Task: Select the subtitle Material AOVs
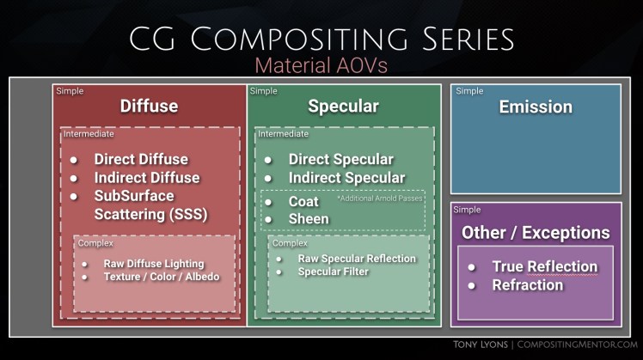click(321, 65)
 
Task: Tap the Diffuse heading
click(149, 107)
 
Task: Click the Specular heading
click(343, 107)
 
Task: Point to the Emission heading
click(536, 107)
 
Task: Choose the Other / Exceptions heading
click(536, 233)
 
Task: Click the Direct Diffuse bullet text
click(141, 159)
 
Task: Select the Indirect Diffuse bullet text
click(146, 178)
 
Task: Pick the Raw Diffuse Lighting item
click(154, 263)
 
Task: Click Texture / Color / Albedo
click(161, 277)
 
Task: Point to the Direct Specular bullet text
click(340, 159)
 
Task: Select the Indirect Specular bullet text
click(346, 178)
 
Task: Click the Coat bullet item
click(303, 201)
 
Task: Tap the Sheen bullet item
click(309, 218)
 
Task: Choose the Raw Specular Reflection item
click(356, 259)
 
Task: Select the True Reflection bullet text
click(544, 266)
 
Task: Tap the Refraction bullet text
click(527, 285)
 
